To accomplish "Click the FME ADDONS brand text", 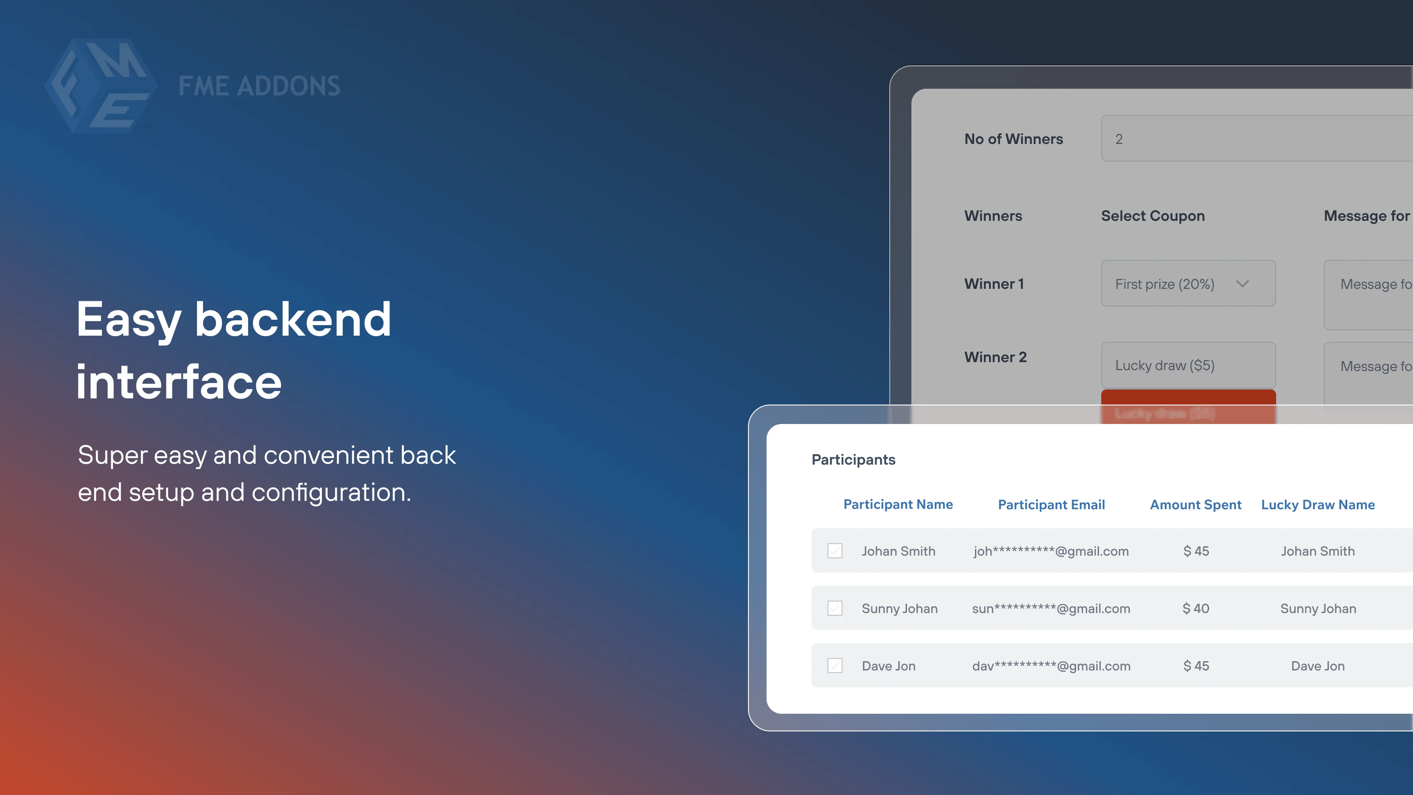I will pyautogui.click(x=259, y=86).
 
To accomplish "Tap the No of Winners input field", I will pyautogui.click(x=1256, y=139).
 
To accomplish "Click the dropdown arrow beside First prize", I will pyautogui.click(x=1243, y=284).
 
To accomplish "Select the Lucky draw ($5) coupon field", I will pyautogui.click(x=1187, y=365).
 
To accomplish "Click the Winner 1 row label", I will pyautogui.click(x=994, y=284).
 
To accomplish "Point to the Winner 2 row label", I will pyautogui.click(x=995, y=357).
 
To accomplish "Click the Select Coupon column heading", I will pyautogui.click(x=1152, y=216).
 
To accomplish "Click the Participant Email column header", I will pyautogui.click(x=1051, y=505).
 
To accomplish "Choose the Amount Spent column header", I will pyautogui.click(x=1195, y=505).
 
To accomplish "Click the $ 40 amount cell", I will pyautogui.click(x=1196, y=609).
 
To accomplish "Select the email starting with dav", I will pyautogui.click(x=1051, y=666).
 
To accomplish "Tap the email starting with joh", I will pyautogui.click(x=1051, y=551).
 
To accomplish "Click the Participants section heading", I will pyautogui.click(x=853, y=460).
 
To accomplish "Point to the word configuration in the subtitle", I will pyautogui.click(x=331, y=492).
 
